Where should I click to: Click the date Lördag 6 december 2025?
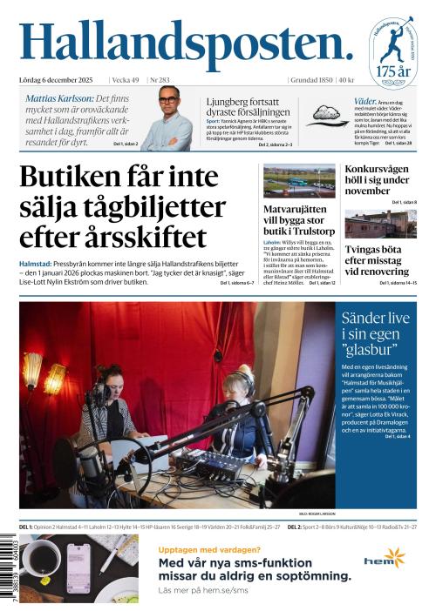(58, 80)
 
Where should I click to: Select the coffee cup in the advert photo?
(40, 556)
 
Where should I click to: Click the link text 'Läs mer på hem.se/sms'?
(201, 590)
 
